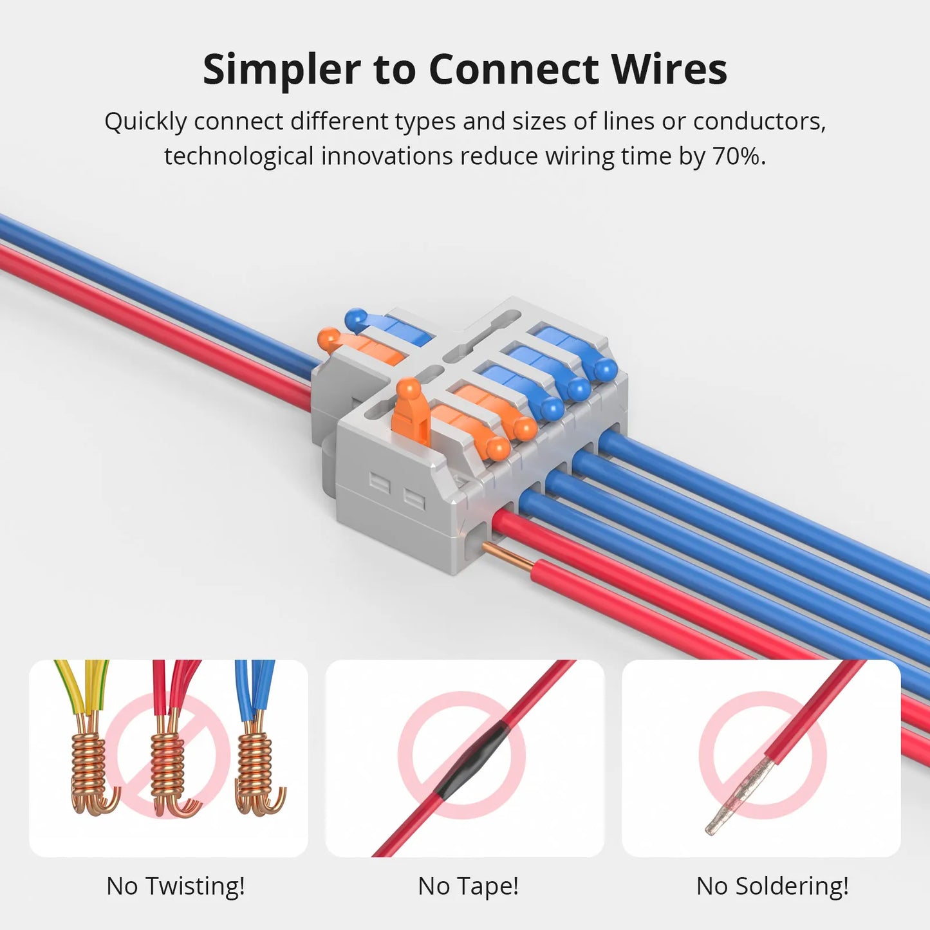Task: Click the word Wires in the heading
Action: [x=669, y=69]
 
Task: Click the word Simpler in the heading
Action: [x=282, y=69]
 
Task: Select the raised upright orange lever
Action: [x=409, y=412]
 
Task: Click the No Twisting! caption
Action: [x=176, y=886]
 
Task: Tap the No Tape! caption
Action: [x=468, y=886]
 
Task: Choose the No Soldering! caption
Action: [x=772, y=886]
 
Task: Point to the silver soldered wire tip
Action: [x=734, y=795]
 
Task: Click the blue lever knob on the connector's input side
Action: [x=356, y=319]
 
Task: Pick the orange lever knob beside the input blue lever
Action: [x=329, y=338]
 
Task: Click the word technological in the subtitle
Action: [x=239, y=156]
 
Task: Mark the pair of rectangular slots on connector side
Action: [x=396, y=489]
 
